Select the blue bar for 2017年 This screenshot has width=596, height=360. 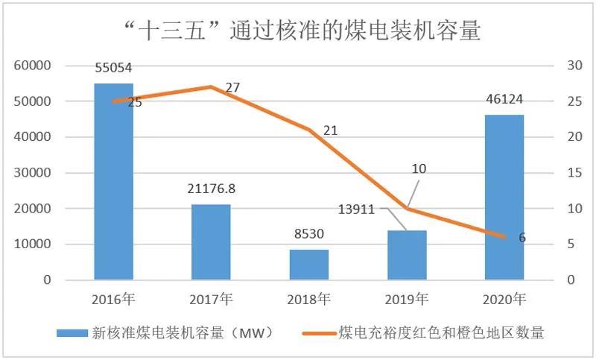(211, 242)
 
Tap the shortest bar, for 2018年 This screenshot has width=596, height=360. (309, 265)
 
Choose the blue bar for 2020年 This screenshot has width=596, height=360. (504, 198)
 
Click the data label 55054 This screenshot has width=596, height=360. (114, 68)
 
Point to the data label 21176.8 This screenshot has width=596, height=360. (211, 189)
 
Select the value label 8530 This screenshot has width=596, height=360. (309, 235)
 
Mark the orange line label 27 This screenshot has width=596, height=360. (232, 88)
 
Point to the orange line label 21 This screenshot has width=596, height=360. (330, 130)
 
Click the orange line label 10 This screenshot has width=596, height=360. (419, 169)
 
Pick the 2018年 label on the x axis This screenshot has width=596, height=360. (309, 300)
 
